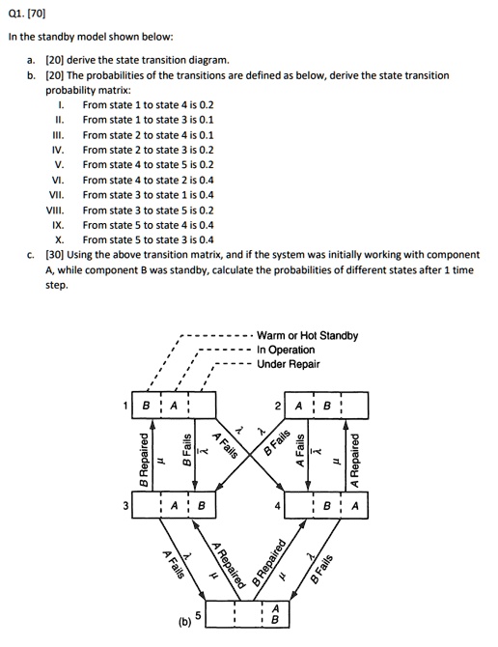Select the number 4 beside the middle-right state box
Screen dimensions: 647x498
click(x=278, y=504)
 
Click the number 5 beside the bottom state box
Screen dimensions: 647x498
click(x=199, y=614)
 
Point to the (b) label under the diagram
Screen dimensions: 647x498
click(x=182, y=620)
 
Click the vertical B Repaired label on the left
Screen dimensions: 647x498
click(x=144, y=455)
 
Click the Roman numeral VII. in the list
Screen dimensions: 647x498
click(x=57, y=193)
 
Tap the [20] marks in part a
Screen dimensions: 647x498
click(x=55, y=60)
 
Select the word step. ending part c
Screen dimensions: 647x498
click(x=57, y=286)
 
